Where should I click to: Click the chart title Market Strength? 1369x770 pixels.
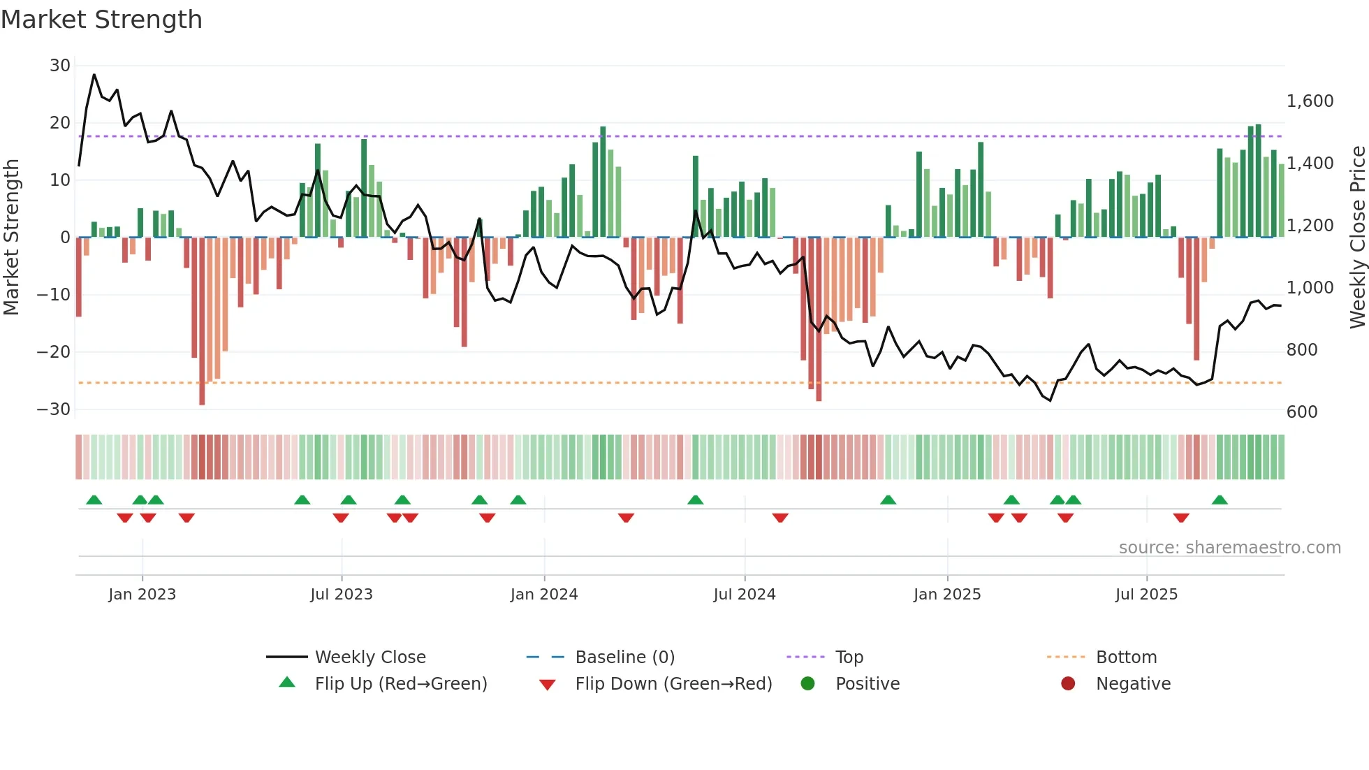[x=101, y=20]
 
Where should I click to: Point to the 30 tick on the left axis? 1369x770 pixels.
[x=60, y=66]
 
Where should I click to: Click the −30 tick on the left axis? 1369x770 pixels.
[x=54, y=409]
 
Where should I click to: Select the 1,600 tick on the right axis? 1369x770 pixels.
[x=1310, y=101]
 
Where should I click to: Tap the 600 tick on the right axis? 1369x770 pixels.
[x=1301, y=412]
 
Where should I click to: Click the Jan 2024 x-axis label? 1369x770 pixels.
[x=543, y=595]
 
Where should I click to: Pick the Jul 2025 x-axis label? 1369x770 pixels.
[x=1145, y=595]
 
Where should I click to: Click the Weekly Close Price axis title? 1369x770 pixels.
[x=1357, y=238]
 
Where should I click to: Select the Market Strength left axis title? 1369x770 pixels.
[x=11, y=238]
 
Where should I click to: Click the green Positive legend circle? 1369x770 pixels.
[x=808, y=683]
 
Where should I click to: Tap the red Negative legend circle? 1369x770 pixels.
[x=1068, y=683]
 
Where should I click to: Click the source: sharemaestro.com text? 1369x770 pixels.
[x=1229, y=548]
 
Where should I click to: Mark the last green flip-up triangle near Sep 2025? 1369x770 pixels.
[x=1220, y=500]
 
